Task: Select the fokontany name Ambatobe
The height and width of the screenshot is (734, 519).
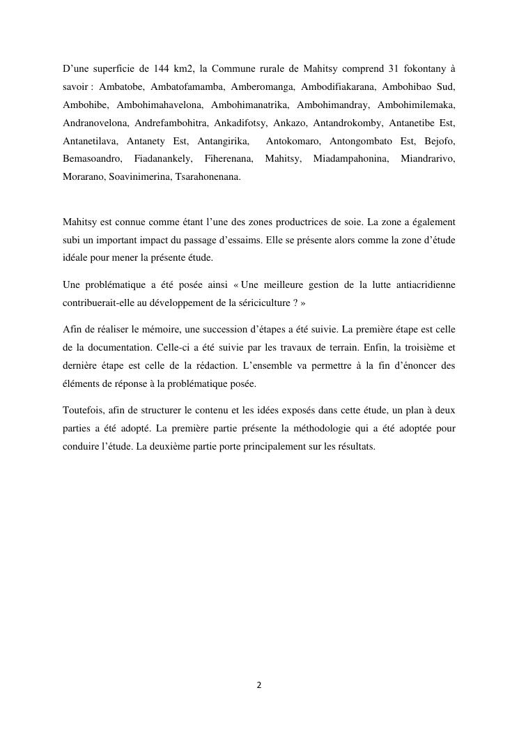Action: [x=119, y=86]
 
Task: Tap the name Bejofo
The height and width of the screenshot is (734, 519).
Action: [x=440, y=141]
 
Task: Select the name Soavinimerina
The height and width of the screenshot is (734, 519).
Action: [x=139, y=177]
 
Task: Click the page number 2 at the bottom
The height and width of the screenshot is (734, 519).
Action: [x=259, y=685]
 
